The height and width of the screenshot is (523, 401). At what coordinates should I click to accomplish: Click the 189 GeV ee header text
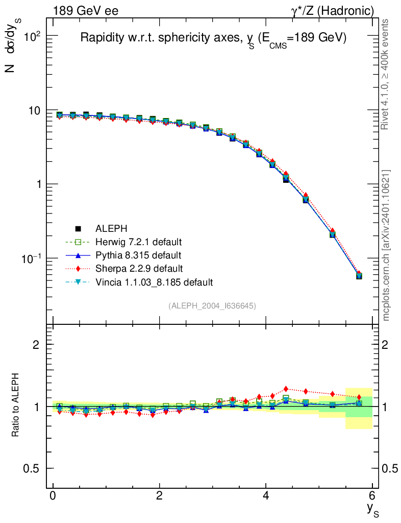point(85,11)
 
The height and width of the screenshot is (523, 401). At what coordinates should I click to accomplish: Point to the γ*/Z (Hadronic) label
point(332,11)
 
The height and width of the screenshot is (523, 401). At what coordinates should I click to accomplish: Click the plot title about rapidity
point(213,39)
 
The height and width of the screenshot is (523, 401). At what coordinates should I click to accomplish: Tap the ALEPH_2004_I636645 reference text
point(212,305)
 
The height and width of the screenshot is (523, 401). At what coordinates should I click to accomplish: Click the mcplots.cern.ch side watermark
point(386,246)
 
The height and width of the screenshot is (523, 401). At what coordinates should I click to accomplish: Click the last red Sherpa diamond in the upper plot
point(359,274)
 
